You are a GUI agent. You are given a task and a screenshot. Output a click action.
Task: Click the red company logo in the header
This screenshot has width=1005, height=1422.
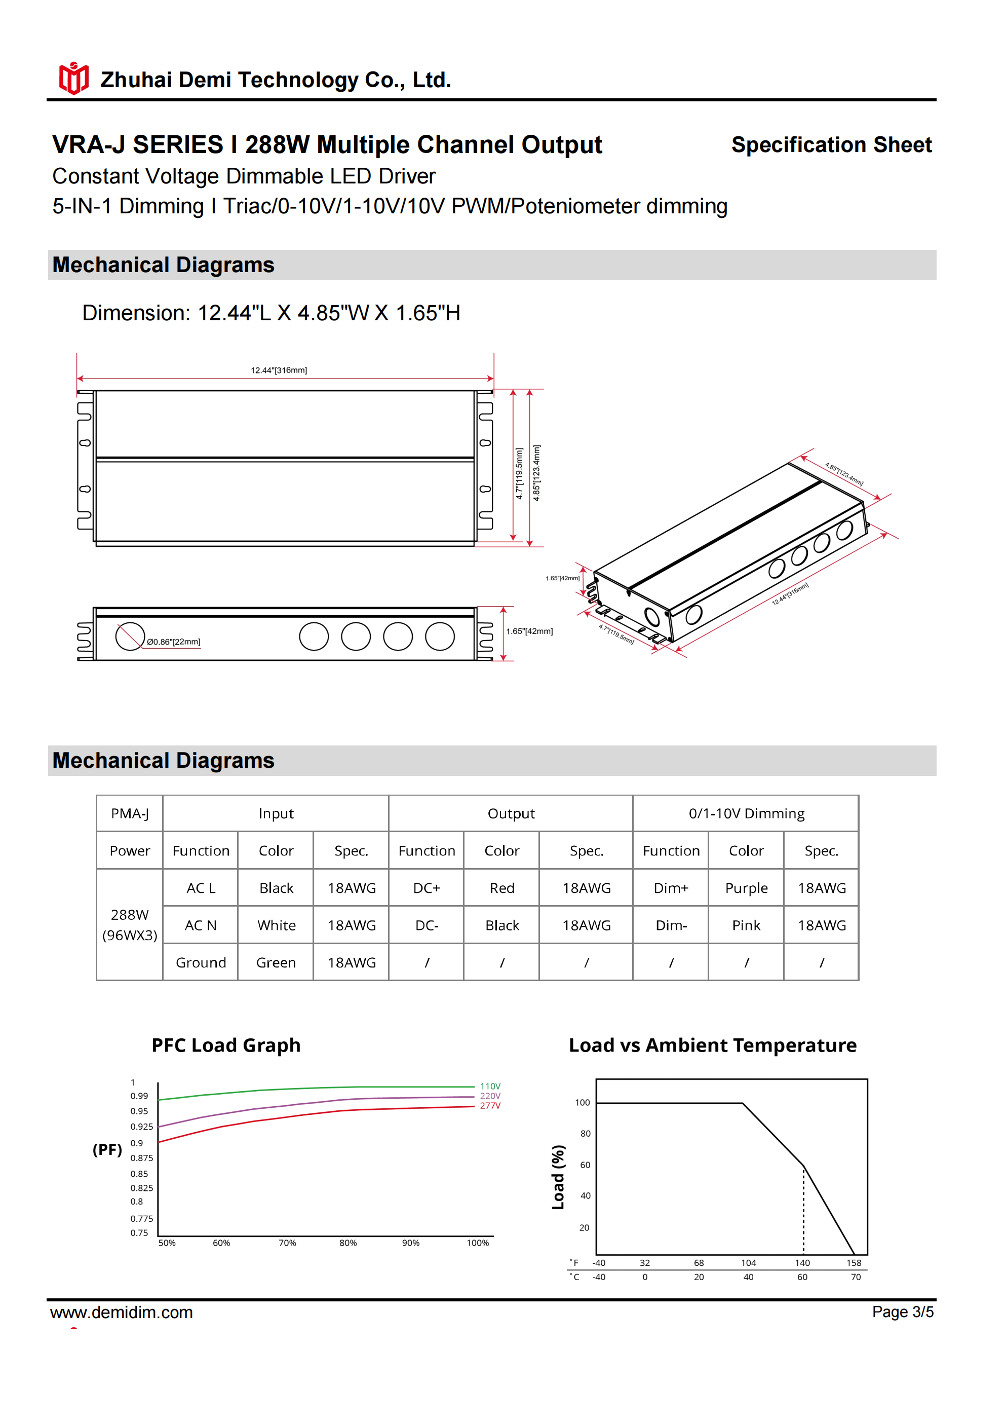(73, 79)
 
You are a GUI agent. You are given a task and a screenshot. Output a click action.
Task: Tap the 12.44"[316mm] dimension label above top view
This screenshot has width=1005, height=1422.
(279, 370)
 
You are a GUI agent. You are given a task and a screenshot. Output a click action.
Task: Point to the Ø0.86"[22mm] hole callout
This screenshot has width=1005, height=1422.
(173, 642)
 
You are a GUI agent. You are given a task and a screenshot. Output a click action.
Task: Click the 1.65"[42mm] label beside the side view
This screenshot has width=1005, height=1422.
(529, 631)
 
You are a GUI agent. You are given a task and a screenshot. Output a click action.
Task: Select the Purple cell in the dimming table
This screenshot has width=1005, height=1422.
(746, 888)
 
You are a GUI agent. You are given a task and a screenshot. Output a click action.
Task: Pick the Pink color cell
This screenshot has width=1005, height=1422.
(746, 925)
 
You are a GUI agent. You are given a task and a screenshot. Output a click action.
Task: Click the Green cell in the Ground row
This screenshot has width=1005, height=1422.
(276, 962)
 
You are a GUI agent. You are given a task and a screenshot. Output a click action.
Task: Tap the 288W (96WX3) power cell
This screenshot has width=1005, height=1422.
(129, 925)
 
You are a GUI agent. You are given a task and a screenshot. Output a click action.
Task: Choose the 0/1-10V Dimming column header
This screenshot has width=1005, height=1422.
(746, 813)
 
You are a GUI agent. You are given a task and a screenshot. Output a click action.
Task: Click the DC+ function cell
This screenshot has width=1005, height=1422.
(427, 888)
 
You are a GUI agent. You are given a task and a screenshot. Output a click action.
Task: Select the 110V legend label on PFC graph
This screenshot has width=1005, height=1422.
(490, 1087)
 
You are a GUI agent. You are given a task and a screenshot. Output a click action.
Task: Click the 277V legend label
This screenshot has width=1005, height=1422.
(490, 1105)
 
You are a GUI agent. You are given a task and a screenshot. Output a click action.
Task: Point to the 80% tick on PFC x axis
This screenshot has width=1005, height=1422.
(348, 1243)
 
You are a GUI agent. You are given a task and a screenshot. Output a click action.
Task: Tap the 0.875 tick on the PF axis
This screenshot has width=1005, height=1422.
(141, 1157)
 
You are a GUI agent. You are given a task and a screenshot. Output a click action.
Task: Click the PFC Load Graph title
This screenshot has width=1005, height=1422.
(226, 1045)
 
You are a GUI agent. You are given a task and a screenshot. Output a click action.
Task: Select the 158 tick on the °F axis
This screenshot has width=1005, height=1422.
(854, 1263)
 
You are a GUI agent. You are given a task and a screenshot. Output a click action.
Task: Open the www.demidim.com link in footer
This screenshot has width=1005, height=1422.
(122, 1313)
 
